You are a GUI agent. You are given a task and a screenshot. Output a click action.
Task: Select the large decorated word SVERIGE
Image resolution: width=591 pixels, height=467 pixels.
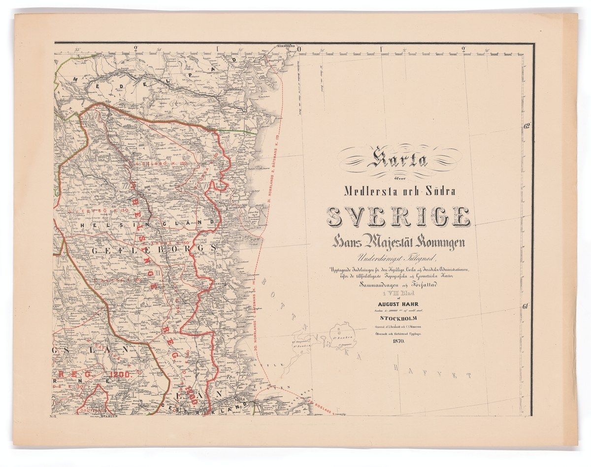click(398, 217)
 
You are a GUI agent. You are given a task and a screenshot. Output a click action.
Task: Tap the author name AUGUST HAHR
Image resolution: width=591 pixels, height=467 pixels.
click(398, 304)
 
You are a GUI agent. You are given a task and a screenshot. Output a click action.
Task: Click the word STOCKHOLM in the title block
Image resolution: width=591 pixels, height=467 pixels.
click(398, 323)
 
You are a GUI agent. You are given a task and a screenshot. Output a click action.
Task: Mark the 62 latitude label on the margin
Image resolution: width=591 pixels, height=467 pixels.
click(526, 127)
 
